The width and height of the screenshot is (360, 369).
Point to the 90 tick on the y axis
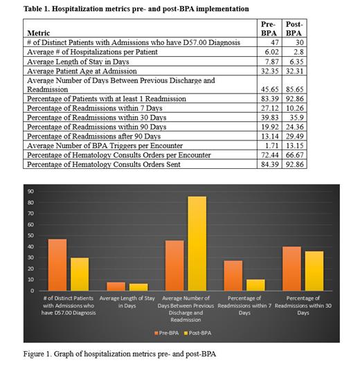[32, 191]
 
